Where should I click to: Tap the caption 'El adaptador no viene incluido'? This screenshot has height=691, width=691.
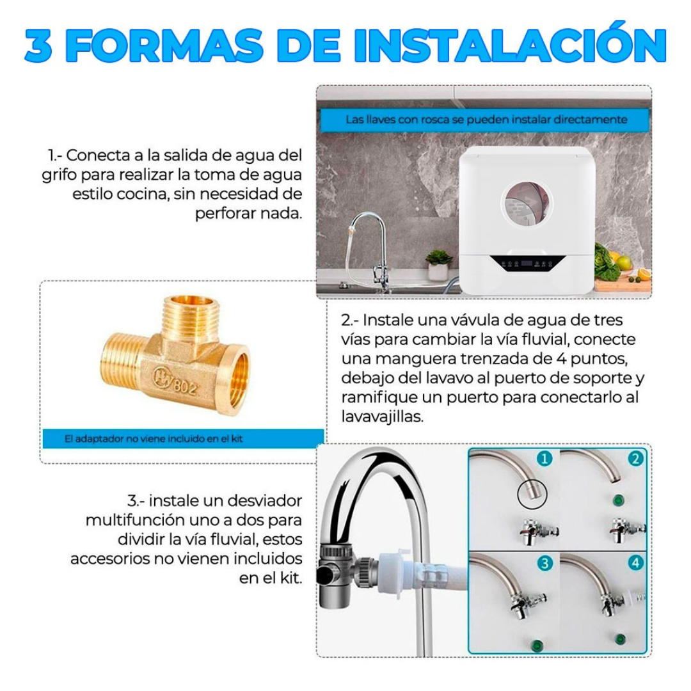point(154,439)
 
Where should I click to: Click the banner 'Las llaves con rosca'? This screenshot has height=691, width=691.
point(486,120)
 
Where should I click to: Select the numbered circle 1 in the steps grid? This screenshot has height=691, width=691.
point(544,459)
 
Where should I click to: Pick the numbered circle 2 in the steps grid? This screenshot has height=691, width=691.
point(635,459)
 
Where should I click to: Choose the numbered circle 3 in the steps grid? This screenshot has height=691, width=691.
point(544,563)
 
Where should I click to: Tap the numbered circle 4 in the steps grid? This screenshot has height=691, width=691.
point(635,563)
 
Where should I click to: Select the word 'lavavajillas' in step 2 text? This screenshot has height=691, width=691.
point(384,417)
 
